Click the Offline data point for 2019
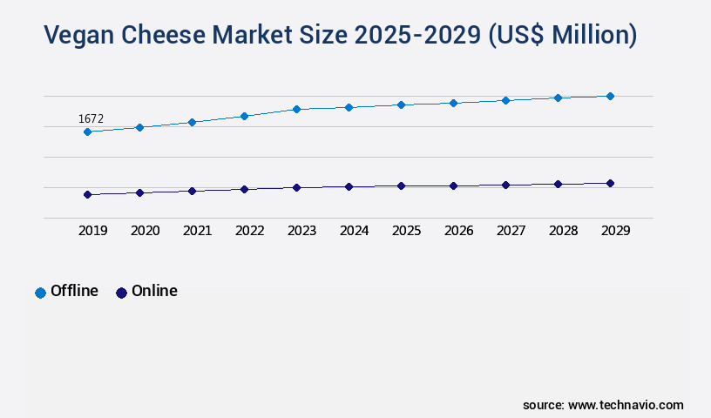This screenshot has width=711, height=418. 87,131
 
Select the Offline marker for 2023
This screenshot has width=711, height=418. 296,109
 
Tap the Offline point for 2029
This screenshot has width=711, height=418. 610,96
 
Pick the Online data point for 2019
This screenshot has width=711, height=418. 87,194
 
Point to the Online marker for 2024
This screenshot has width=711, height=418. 349,186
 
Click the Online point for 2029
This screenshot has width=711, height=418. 610,183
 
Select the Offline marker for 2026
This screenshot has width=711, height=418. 453,103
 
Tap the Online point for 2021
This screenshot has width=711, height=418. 192,191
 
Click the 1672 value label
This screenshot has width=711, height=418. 91,118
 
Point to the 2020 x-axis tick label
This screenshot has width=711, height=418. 145,231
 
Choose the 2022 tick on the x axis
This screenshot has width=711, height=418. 249,231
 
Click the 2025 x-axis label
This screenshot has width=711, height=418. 406,231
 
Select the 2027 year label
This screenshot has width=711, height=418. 511,231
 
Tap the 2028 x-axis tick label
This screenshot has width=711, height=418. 563,231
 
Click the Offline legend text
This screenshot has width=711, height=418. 74,291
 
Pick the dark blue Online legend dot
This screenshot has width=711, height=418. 121,293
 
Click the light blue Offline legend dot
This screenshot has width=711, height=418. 40,293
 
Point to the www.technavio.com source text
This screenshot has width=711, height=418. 626,405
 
